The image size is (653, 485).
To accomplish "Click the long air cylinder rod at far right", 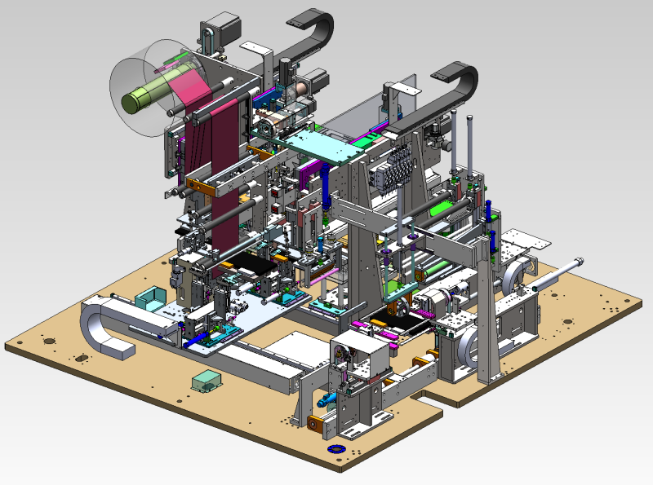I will (557, 275).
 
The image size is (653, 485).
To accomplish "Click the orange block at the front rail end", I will (314, 422).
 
